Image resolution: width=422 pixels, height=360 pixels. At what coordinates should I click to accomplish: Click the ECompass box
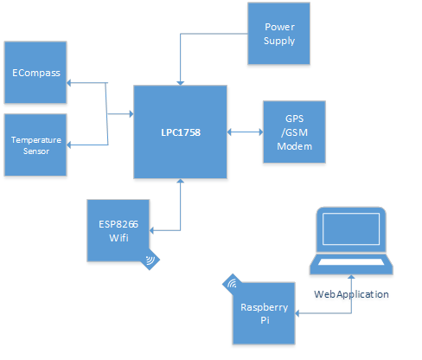click(35, 73)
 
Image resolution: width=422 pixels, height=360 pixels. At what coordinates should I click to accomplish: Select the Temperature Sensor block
click(35, 145)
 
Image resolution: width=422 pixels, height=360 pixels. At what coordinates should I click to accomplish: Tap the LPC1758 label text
click(181, 132)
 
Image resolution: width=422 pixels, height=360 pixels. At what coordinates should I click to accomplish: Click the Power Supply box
click(278, 34)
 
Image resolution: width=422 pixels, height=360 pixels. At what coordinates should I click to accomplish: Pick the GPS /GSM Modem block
click(294, 132)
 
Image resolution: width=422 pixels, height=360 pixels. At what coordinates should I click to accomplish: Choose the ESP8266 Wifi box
click(118, 230)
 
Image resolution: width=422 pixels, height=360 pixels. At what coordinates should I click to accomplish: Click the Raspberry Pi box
click(264, 313)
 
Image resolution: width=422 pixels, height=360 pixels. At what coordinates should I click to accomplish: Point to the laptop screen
click(351, 229)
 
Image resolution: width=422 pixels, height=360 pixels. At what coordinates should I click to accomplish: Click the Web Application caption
click(351, 294)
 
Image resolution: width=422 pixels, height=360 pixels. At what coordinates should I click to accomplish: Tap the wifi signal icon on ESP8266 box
click(150, 260)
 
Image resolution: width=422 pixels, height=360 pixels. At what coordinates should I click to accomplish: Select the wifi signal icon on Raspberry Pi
click(232, 284)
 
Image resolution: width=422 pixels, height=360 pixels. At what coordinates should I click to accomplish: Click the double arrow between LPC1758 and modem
click(245, 132)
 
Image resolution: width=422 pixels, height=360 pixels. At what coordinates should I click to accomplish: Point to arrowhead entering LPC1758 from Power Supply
click(181, 83)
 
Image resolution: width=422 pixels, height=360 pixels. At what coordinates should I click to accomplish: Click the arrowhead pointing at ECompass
click(68, 83)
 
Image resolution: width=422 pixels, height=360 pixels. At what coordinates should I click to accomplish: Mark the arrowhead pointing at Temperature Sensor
click(68, 145)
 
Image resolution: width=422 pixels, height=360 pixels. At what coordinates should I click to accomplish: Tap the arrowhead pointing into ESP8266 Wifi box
click(151, 230)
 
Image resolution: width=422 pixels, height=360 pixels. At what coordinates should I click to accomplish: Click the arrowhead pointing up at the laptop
click(351, 277)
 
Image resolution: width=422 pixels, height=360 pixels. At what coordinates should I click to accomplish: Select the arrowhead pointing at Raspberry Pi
click(297, 313)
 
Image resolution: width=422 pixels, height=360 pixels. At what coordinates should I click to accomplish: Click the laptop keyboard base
click(351, 264)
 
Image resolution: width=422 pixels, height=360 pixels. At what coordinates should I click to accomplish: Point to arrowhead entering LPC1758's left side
click(131, 114)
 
